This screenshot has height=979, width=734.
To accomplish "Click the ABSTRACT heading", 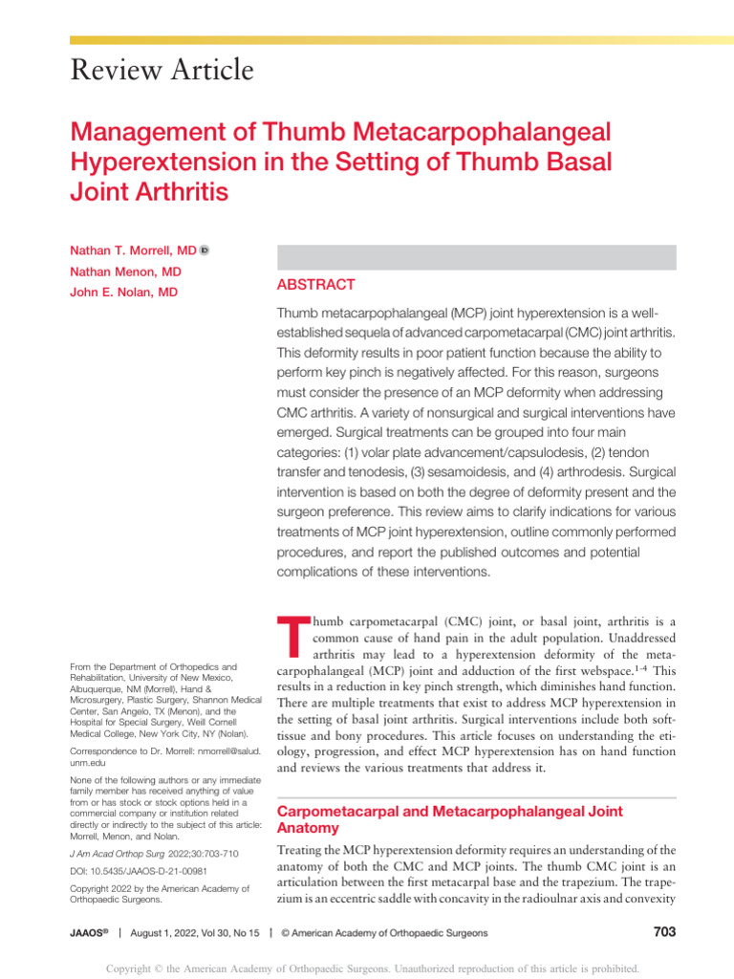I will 315,285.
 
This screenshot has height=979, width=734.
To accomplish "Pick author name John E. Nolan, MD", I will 123,293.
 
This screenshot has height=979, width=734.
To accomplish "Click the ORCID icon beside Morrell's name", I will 205,250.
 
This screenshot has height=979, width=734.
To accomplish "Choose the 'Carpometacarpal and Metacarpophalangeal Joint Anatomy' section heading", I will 449,819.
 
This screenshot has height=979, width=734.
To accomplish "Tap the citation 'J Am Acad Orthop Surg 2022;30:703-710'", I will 155,852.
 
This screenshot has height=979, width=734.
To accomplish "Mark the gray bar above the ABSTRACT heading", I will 476,256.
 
